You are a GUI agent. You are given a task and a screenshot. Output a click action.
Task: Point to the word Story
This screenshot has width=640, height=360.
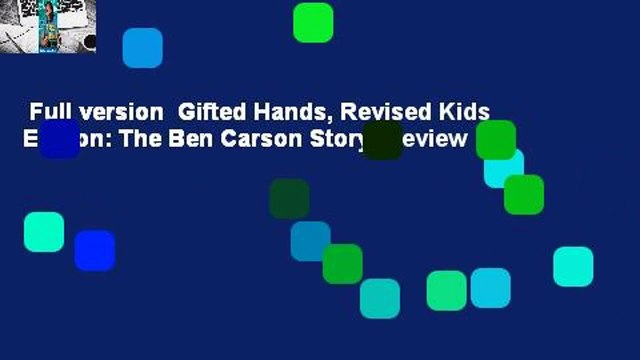pyautogui.click(x=351, y=139)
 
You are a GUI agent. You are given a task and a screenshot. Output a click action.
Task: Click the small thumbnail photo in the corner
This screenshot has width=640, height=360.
pyautogui.click(x=48, y=26)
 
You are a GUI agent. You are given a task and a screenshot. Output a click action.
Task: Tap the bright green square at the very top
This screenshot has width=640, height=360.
pyautogui.click(x=313, y=23)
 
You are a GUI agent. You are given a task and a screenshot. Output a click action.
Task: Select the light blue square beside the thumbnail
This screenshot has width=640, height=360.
pyautogui.click(x=142, y=48)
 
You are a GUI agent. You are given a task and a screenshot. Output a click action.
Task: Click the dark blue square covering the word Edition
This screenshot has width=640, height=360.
pyautogui.click(x=59, y=139)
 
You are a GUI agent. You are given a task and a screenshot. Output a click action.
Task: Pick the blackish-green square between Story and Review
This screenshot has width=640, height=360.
pyautogui.click(x=383, y=140)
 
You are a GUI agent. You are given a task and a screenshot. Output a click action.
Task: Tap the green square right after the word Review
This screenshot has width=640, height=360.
pyautogui.click(x=496, y=140)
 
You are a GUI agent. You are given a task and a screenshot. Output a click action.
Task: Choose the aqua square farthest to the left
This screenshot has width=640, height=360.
pyautogui.click(x=44, y=232)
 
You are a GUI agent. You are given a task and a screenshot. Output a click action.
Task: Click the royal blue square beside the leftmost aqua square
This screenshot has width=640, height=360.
pyautogui.click(x=94, y=250)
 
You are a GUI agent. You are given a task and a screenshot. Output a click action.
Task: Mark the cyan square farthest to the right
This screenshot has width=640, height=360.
pyautogui.click(x=573, y=266)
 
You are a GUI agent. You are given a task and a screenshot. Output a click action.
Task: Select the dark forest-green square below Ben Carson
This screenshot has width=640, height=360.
pyautogui.click(x=289, y=199)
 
